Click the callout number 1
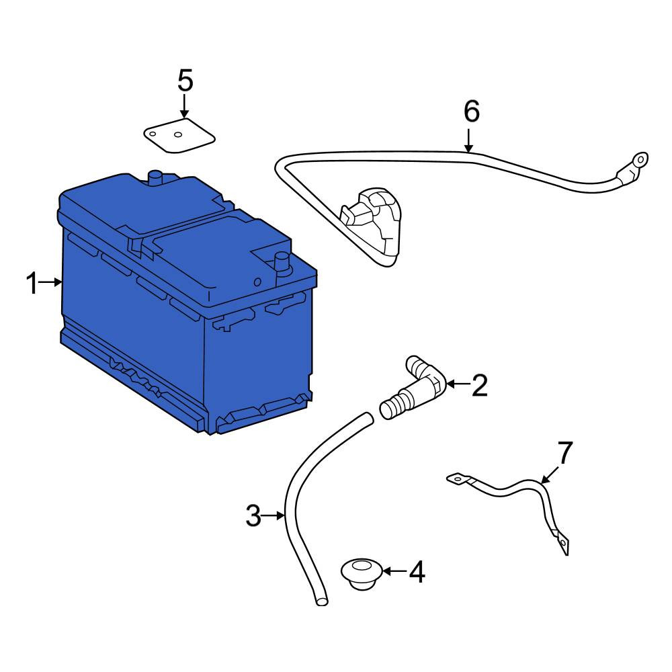32,284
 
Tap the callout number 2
479,385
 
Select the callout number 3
253,515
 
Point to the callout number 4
417,572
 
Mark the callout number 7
565,453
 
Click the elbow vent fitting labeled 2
413,387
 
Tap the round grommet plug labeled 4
362,573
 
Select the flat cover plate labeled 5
179,136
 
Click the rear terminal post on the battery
155,177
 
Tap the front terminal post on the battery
282,262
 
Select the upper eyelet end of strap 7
458,478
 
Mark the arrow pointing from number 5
185,106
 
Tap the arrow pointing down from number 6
469,140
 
